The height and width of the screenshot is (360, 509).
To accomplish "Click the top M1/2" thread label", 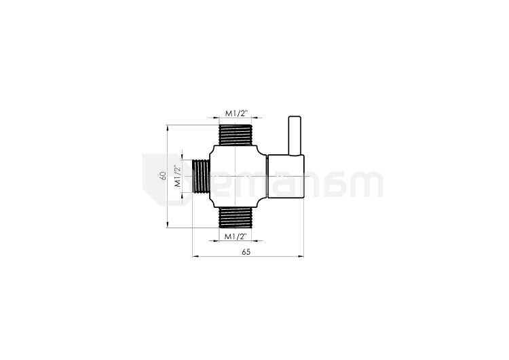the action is pos(237,113).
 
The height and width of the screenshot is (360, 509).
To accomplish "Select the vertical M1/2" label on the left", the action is pos(178,177).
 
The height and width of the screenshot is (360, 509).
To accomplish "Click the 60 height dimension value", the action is pos(163,175).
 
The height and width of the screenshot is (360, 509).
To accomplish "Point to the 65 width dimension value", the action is pos(246,252).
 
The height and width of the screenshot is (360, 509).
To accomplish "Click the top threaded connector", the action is pos(235,135).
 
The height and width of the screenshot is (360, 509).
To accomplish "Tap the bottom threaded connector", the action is pos(235,217).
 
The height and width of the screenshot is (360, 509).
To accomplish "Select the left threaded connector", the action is pos(201,176).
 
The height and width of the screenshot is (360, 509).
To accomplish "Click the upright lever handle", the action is pos(295,135).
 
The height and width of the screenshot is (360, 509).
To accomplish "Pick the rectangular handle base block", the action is pos(286,176).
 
